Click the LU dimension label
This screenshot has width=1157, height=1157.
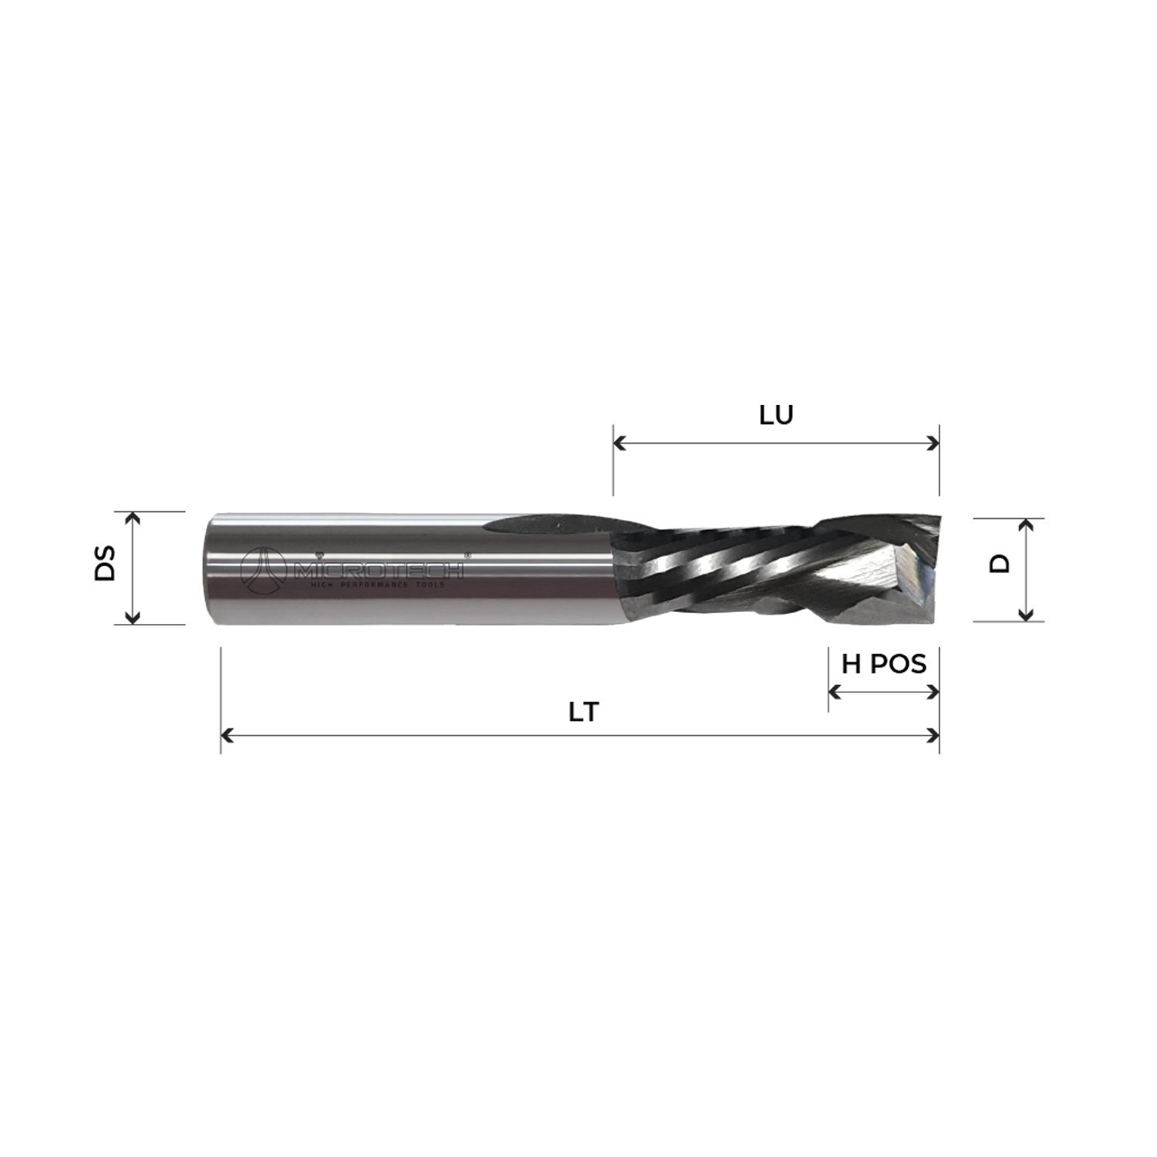click(776, 416)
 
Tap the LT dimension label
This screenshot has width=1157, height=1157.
click(583, 712)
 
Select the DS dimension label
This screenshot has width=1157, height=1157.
click(105, 563)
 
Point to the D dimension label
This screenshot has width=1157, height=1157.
click(1000, 564)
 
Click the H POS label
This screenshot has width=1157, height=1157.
click(884, 663)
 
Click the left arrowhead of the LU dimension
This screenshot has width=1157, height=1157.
click(619, 444)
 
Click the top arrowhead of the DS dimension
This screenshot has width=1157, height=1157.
click(133, 518)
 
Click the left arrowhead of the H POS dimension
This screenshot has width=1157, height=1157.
click(834, 691)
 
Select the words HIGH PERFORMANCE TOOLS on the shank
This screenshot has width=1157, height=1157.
click(379, 588)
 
